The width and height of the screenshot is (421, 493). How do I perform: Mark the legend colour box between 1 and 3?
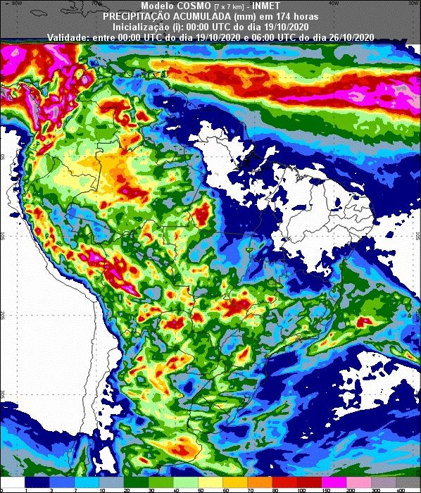pyautogui.click(x=37, y=482)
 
